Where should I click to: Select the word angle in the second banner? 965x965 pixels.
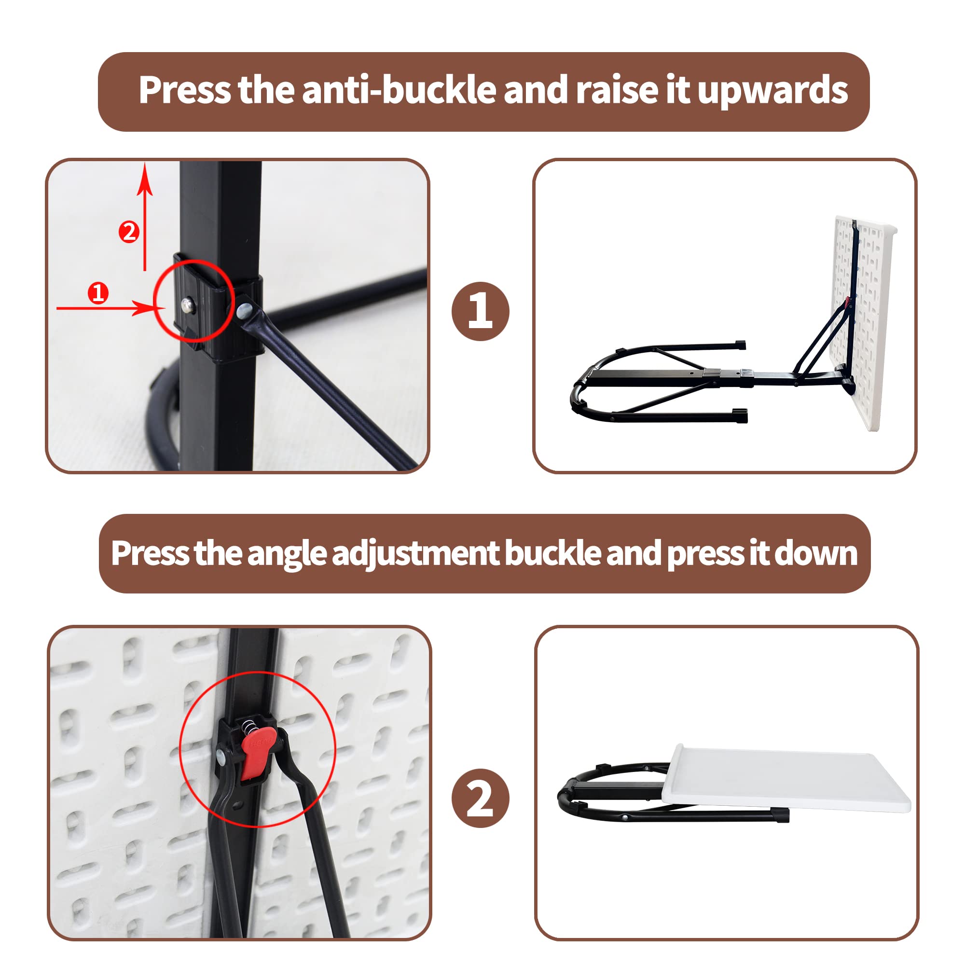pos(286,553)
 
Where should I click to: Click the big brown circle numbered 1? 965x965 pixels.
pos(480,311)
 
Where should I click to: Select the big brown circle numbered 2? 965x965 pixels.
pos(480,798)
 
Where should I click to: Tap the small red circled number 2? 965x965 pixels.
pos(129,232)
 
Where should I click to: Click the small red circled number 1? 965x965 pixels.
pos(98,293)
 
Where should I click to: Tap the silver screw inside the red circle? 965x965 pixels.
pos(188,304)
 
